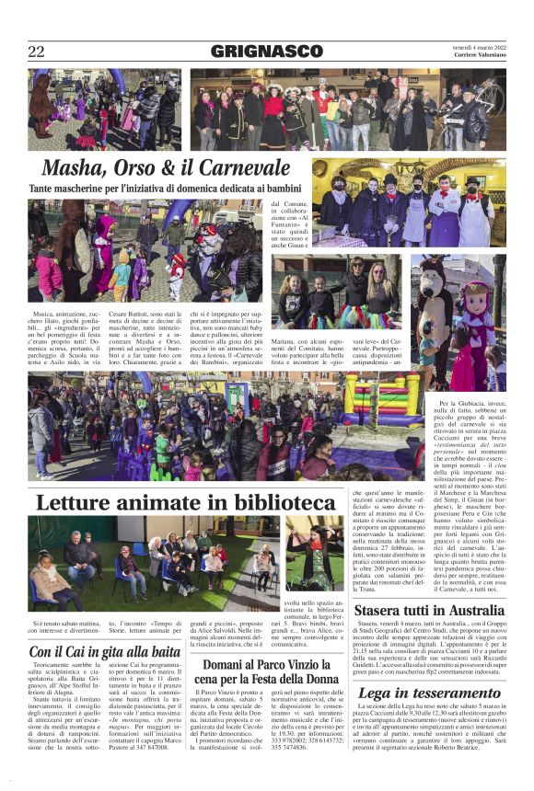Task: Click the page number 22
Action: pyautogui.click(x=37, y=52)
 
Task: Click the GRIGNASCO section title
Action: pyautogui.click(x=266, y=52)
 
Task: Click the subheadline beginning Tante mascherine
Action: pyautogui.click(x=166, y=188)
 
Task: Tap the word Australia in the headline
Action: pyautogui.click(x=463, y=611)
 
